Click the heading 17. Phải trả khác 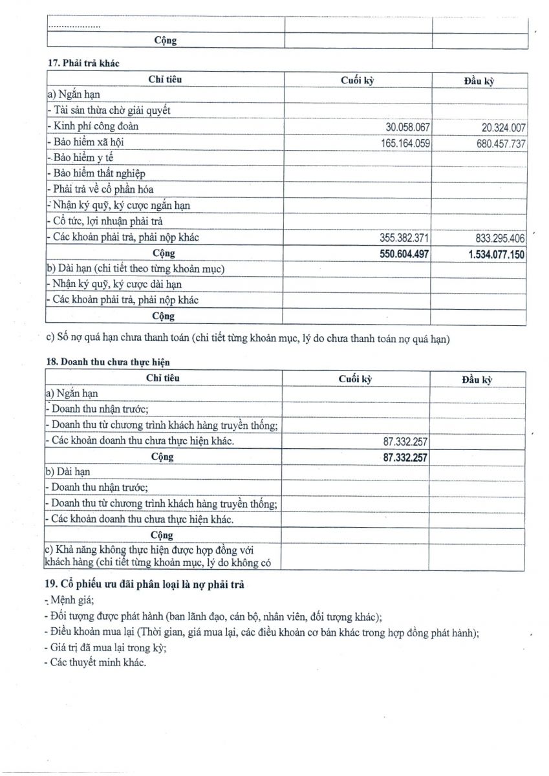(x=83, y=63)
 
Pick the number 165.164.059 (x=405, y=143)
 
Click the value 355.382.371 (x=405, y=238)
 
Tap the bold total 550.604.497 (x=405, y=254)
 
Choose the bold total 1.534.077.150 (x=496, y=255)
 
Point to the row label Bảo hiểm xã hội (x=91, y=142)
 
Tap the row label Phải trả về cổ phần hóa (x=103, y=190)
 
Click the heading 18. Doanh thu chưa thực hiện (x=107, y=361)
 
